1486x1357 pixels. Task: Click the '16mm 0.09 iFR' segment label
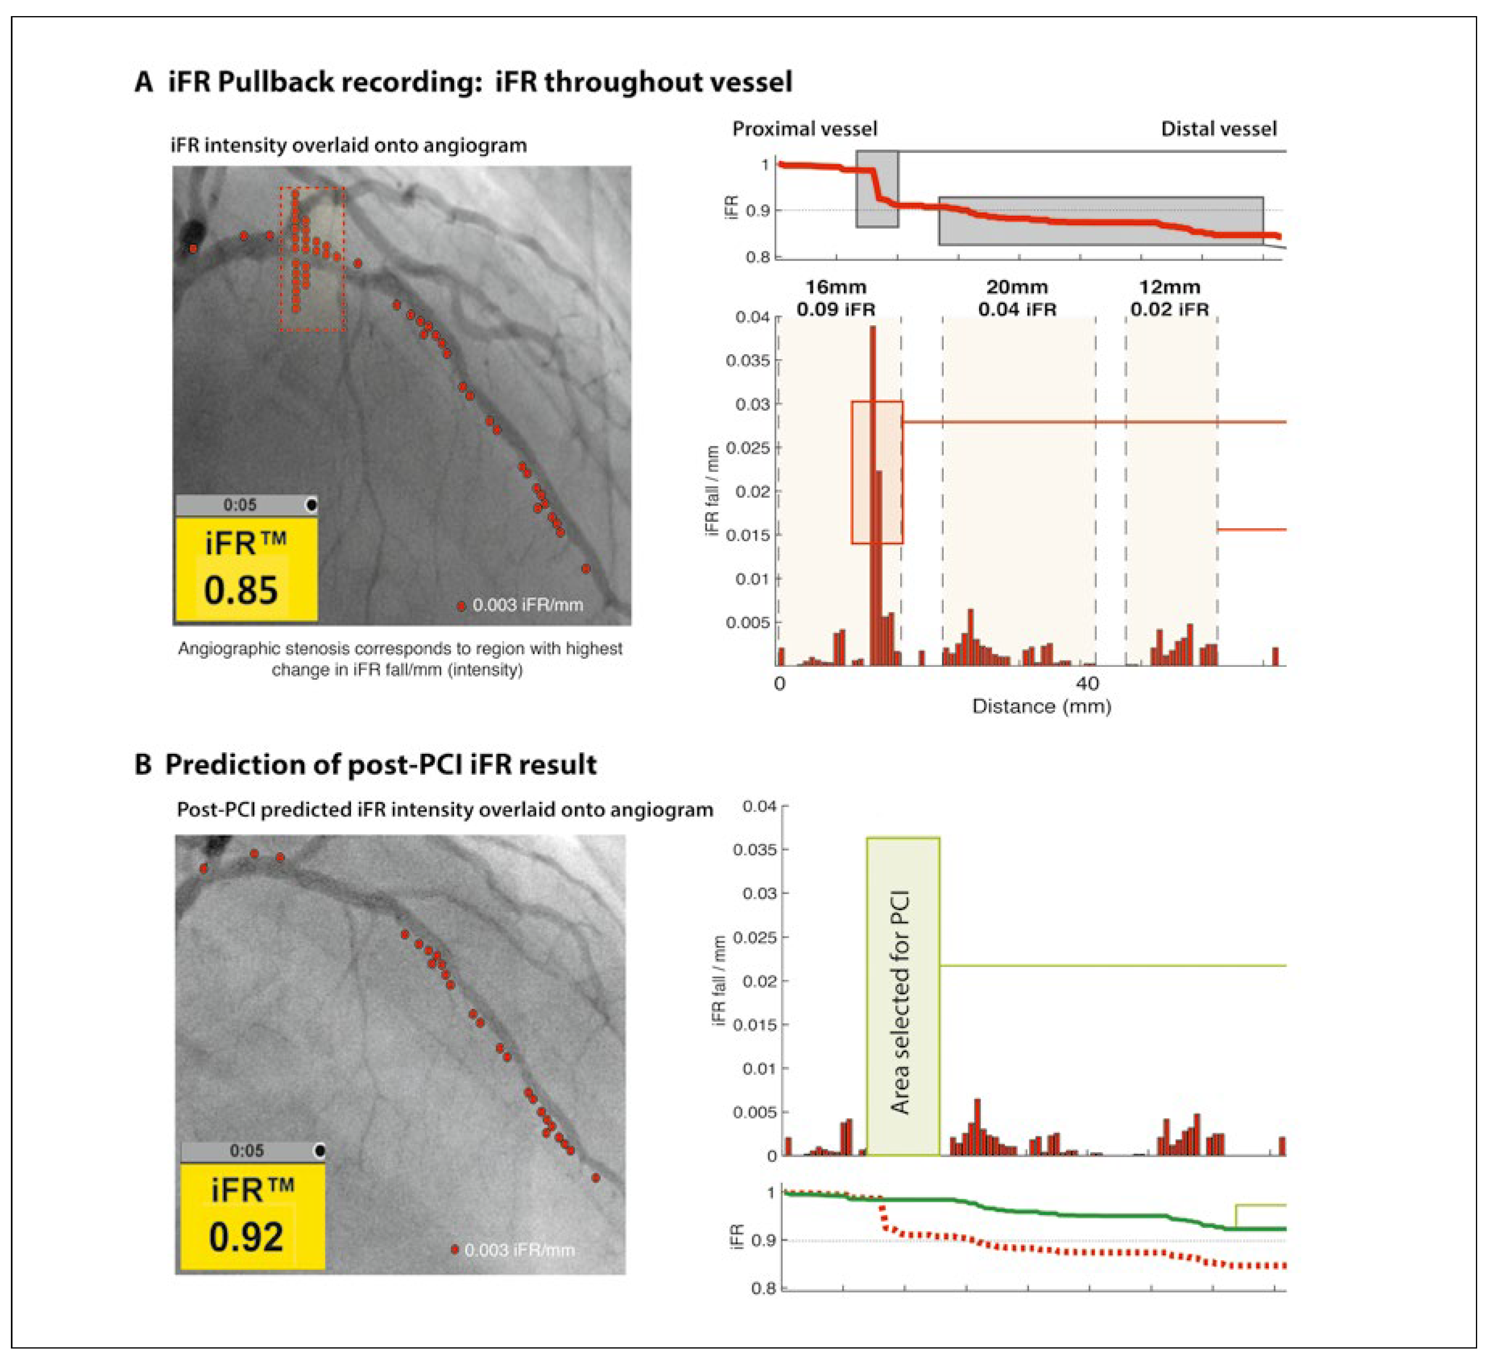click(835, 298)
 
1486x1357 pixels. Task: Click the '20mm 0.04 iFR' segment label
click(1017, 298)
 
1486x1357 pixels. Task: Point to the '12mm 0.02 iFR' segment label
click(1170, 298)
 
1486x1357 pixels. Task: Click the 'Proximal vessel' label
click(804, 129)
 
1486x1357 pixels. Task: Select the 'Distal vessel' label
click(1218, 129)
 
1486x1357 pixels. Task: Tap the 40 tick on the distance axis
click(1086, 683)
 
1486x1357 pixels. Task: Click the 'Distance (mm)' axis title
click(1042, 706)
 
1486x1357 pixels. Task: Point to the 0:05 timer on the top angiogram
click(240, 505)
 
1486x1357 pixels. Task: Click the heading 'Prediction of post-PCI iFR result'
click(380, 764)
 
